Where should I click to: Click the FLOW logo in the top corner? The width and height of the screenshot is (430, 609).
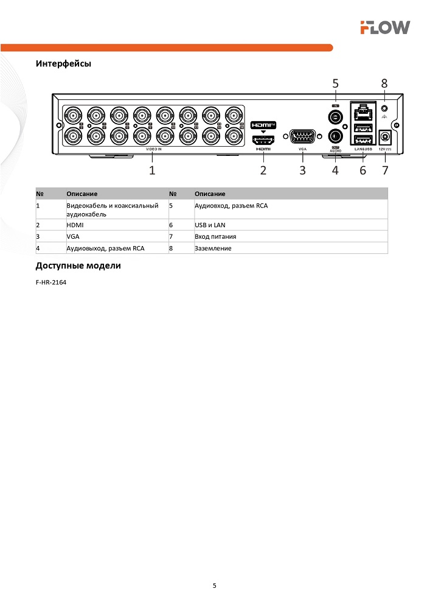click(384, 27)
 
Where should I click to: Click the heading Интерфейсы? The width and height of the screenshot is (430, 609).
click(63, 63)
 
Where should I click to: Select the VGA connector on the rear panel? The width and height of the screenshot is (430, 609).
click(302, 136)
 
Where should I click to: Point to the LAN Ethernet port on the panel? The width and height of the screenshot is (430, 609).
click(363, 112)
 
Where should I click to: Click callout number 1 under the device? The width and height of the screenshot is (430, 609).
click(152, 170)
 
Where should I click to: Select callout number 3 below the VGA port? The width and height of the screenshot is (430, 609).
click(302, 170)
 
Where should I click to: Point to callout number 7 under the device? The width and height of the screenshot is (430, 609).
click(385, 170)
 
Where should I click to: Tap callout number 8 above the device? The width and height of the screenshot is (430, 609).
click(384, 82)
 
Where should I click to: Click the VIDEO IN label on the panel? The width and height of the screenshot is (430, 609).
click(153, 149)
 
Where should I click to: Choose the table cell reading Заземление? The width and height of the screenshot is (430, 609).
click(213, 248)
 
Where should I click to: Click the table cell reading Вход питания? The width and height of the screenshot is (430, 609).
click(215, 236)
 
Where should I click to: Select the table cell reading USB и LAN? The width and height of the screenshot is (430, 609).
click(210, 225)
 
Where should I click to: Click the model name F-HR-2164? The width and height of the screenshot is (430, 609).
click(51, 283)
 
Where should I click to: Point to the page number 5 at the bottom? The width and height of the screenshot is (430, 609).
click(214, 586)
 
